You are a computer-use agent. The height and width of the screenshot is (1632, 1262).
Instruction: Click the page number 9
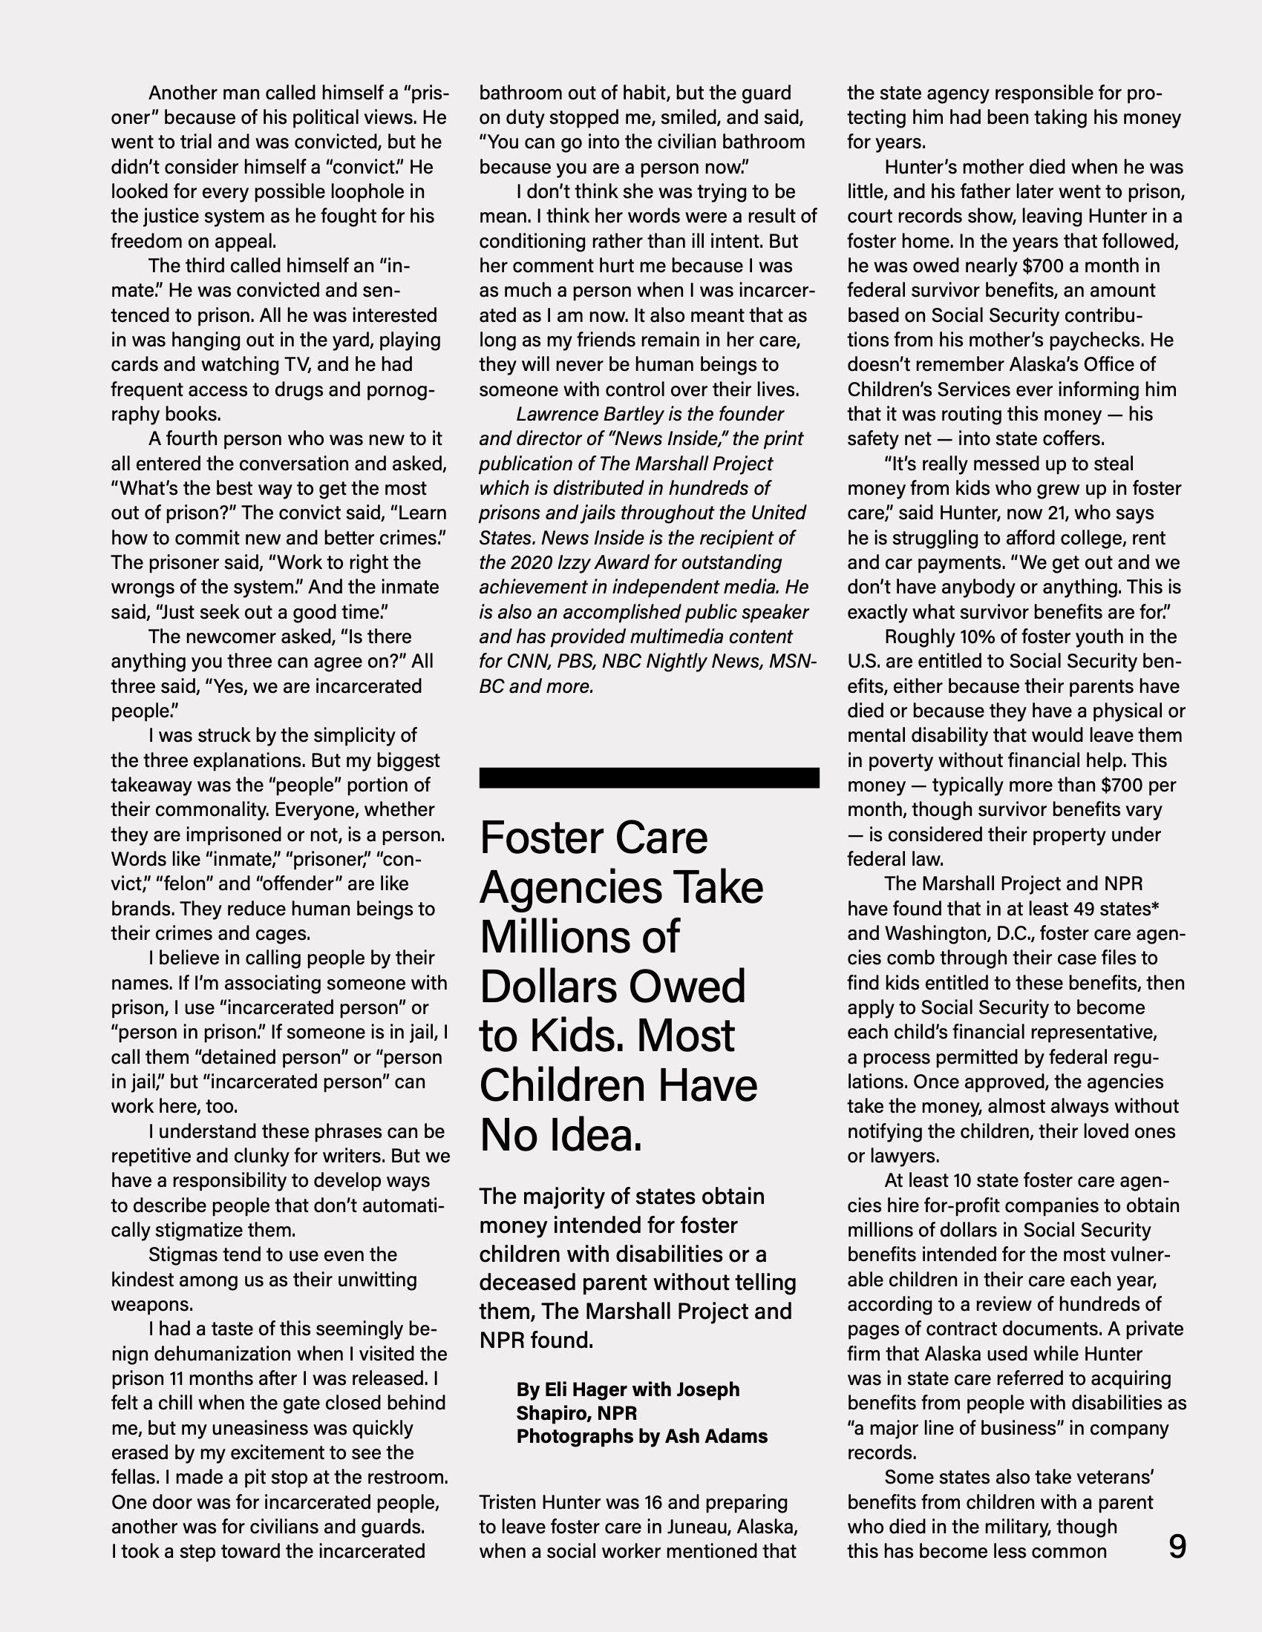click(1177, 1546)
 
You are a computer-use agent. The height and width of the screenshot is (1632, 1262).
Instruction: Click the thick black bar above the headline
click(649, 777)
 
